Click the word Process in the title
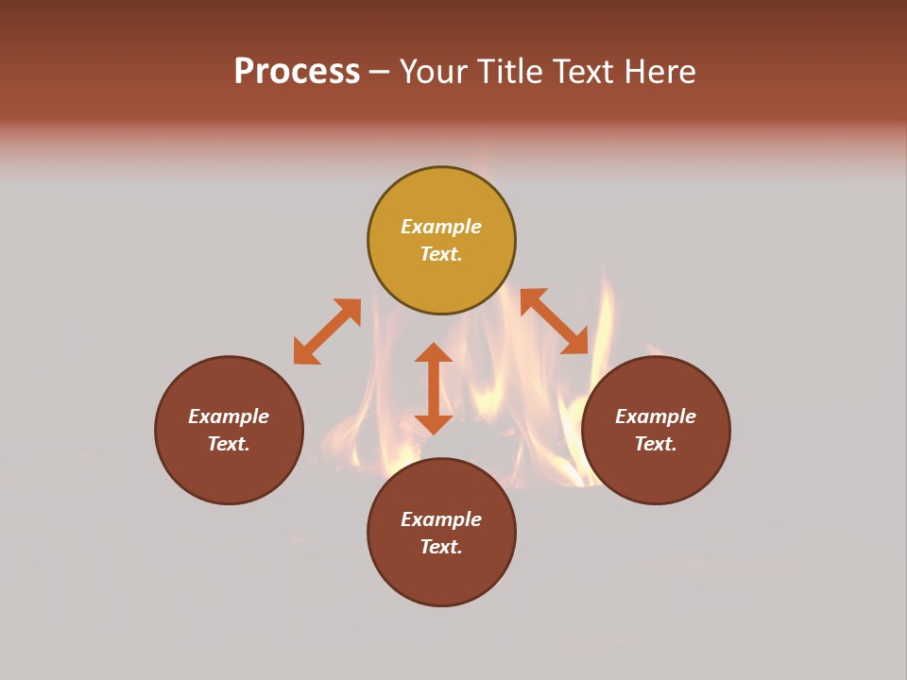pos(297,72)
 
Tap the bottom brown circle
pos(441,576)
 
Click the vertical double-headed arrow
pos(434,388)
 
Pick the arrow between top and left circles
pos(327,331)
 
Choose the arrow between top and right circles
pos(554,321)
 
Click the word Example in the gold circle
pos(441,227)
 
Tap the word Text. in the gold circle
pos(441,254)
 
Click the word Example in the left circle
pos(229,416)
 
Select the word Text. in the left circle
pos(229,444)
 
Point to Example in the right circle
pos(656,416)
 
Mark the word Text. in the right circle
pos(656,444)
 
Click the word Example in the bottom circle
pos(441,519)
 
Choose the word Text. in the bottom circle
pos(441,547)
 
